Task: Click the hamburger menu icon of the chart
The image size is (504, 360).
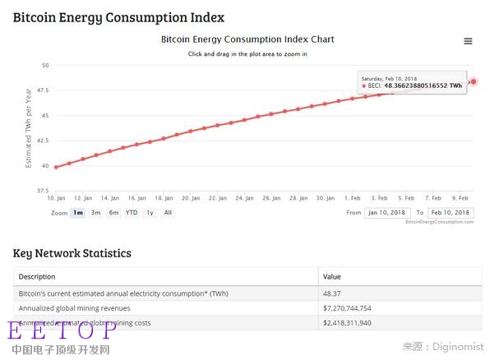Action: (468, 41)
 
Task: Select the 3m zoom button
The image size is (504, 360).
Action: (96, 213)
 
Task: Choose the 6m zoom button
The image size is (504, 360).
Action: (113, 213)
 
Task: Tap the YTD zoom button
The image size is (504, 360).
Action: (132, 213)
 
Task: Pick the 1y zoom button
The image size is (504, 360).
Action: (150, 213)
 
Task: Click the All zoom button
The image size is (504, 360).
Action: (168, 213)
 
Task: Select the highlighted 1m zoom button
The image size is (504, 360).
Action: (78, 213)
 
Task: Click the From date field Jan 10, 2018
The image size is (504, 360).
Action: (387, 213)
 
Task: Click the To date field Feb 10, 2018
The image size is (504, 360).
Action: (451, 213)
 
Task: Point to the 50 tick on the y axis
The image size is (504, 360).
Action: (45, 65)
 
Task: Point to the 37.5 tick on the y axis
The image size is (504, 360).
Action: (42, 191)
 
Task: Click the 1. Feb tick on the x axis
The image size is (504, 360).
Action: (352, 198)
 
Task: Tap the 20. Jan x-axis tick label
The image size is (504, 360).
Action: (190, 198)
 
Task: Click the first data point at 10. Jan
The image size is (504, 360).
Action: (56, 167)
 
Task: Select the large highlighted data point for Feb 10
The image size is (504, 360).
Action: (474, 81)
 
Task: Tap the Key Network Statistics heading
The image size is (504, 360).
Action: (72, 253)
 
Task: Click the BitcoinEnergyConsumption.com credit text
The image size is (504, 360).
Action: (440, 222)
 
